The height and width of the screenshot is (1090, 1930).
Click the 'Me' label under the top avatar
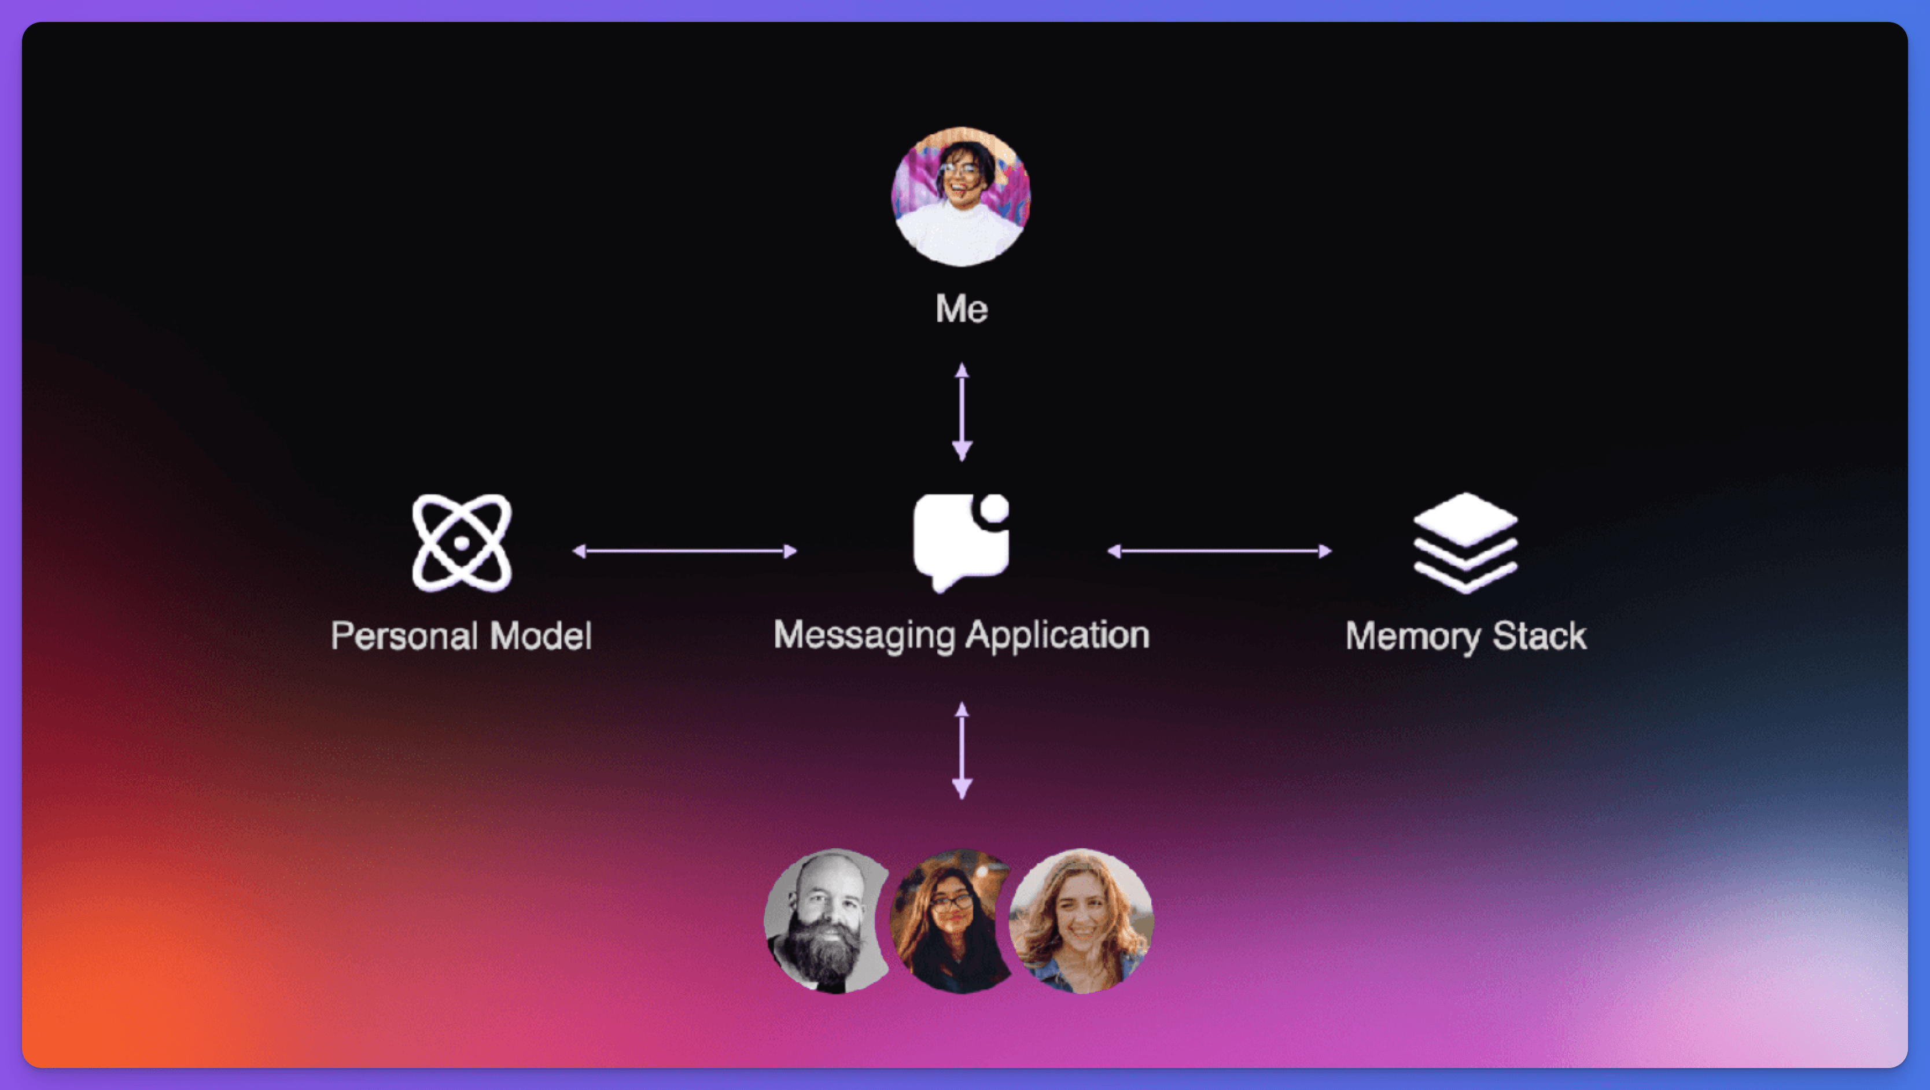tap(962, 308)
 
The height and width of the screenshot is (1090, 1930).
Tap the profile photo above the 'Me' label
tap(962, 196)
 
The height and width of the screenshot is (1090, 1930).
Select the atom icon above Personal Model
tap(462, 542)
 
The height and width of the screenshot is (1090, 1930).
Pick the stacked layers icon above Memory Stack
tap(1465, 542)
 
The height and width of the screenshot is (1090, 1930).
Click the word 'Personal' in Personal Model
tap(404, 635)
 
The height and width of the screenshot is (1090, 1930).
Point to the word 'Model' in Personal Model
tap(541, 635)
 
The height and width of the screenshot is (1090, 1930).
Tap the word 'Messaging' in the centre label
tap(864, 635)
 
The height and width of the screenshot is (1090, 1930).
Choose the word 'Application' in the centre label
tap(1058, 635)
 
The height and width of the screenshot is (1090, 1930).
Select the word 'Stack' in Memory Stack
tap(1539, 635)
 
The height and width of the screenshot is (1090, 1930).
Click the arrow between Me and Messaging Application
tap(962, 411)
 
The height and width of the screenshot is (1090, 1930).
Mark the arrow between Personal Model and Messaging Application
tap(684, 551)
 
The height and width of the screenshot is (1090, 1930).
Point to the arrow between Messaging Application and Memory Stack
tap(1219, 551)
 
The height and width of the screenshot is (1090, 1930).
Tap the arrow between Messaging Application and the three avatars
tap(962, 750)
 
